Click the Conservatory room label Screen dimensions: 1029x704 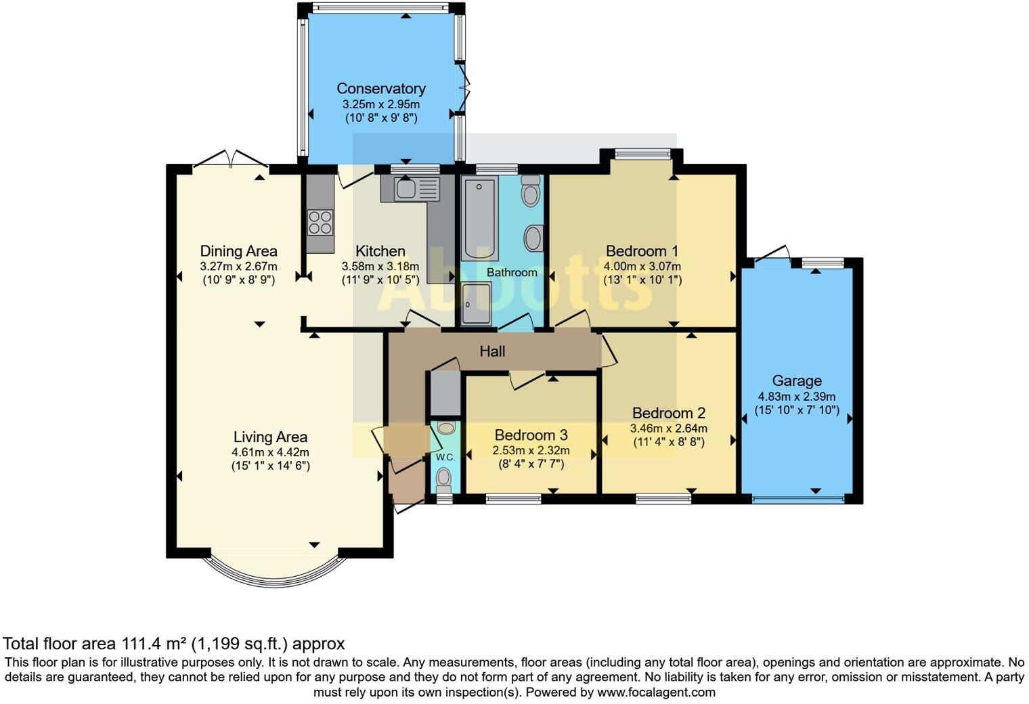coord(381,88)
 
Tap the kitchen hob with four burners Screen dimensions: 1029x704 coord(320,222)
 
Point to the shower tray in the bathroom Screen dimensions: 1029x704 coord(476,303)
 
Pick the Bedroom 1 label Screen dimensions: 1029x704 coord(642,250)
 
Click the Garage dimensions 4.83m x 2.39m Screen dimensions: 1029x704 coord(797,396)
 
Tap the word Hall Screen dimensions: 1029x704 coord(492,351)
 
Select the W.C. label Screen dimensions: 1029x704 coord(445,458)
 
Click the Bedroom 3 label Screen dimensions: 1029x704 coord(531,435)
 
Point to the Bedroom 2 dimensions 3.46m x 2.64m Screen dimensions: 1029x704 coord(668,428)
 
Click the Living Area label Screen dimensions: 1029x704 coord(270,436)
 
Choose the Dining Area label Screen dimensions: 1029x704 coord(238,250)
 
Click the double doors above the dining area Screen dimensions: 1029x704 coord(231,158)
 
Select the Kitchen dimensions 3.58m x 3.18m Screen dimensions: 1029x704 coord(380,266)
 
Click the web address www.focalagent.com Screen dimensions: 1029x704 coord(656,692)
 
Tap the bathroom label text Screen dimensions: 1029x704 coord(512,272)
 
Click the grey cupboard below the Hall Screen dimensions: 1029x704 coord(445,393)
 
